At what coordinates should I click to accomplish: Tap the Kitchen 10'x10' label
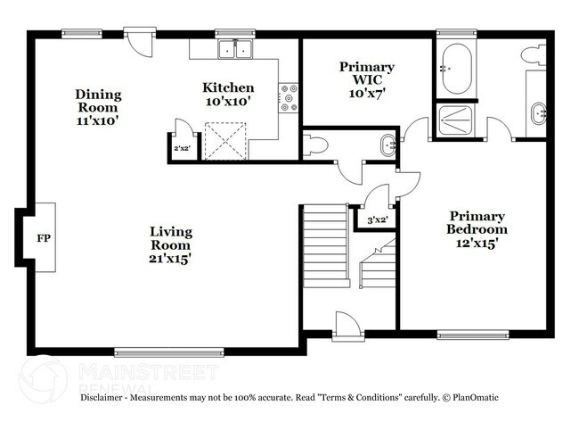[x=228, y=95]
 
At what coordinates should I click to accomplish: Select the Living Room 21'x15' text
[x=170, y=244]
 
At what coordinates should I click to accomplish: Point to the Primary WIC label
[x=367, y=79]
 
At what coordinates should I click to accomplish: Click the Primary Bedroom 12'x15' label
[x=477, y=228]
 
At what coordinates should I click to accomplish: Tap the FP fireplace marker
[x=42, y=238]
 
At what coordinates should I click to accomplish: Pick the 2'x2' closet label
[x=182, y=148]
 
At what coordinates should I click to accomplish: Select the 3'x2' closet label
[x=377, y=219]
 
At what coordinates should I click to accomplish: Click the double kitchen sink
[x=235, y=51]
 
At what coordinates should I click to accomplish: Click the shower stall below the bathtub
[x=458, y=121]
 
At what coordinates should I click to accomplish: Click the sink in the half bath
[x=387, y=145]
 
